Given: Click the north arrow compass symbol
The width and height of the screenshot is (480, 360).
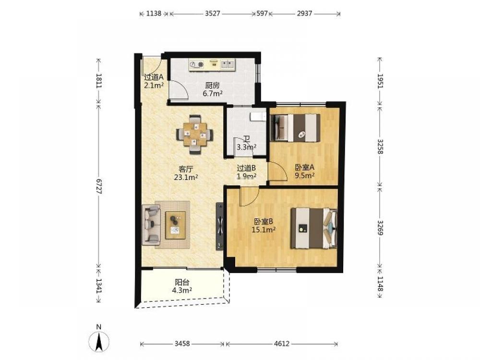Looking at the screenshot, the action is (98, 340).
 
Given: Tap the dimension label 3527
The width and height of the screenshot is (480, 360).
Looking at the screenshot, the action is (213, 13).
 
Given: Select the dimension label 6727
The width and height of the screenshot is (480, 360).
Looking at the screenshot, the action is (98, 186).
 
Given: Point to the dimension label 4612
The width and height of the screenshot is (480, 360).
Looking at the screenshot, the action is (282, 344).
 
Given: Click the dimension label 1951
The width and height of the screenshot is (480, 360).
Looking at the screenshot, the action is (380, 81).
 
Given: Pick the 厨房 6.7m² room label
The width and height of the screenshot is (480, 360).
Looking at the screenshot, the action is (213, 89).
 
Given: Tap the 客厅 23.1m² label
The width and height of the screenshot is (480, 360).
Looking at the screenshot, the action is (186, 173).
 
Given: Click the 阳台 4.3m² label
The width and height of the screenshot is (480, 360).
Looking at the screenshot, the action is (182, 286).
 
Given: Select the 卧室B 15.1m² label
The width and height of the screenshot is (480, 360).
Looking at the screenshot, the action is (264, 225).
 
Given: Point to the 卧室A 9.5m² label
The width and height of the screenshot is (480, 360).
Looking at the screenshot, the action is (305, 171).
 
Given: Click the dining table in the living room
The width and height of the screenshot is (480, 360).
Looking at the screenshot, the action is (195, 134).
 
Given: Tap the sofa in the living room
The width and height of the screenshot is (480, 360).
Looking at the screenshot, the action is (151, 225).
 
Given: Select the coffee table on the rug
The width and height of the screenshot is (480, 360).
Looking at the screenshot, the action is (175, 225).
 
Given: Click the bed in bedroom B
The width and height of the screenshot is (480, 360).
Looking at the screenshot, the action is (314, 228).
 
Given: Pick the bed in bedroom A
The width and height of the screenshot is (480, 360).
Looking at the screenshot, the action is (295, 128).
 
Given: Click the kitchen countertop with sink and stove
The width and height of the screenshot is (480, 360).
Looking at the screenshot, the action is (212, 65).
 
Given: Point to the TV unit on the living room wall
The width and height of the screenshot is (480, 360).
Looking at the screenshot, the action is (220, 226).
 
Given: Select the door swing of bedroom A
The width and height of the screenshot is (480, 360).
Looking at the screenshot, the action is (277, 171).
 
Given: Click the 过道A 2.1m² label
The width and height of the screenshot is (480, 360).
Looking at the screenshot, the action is (154, 82).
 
